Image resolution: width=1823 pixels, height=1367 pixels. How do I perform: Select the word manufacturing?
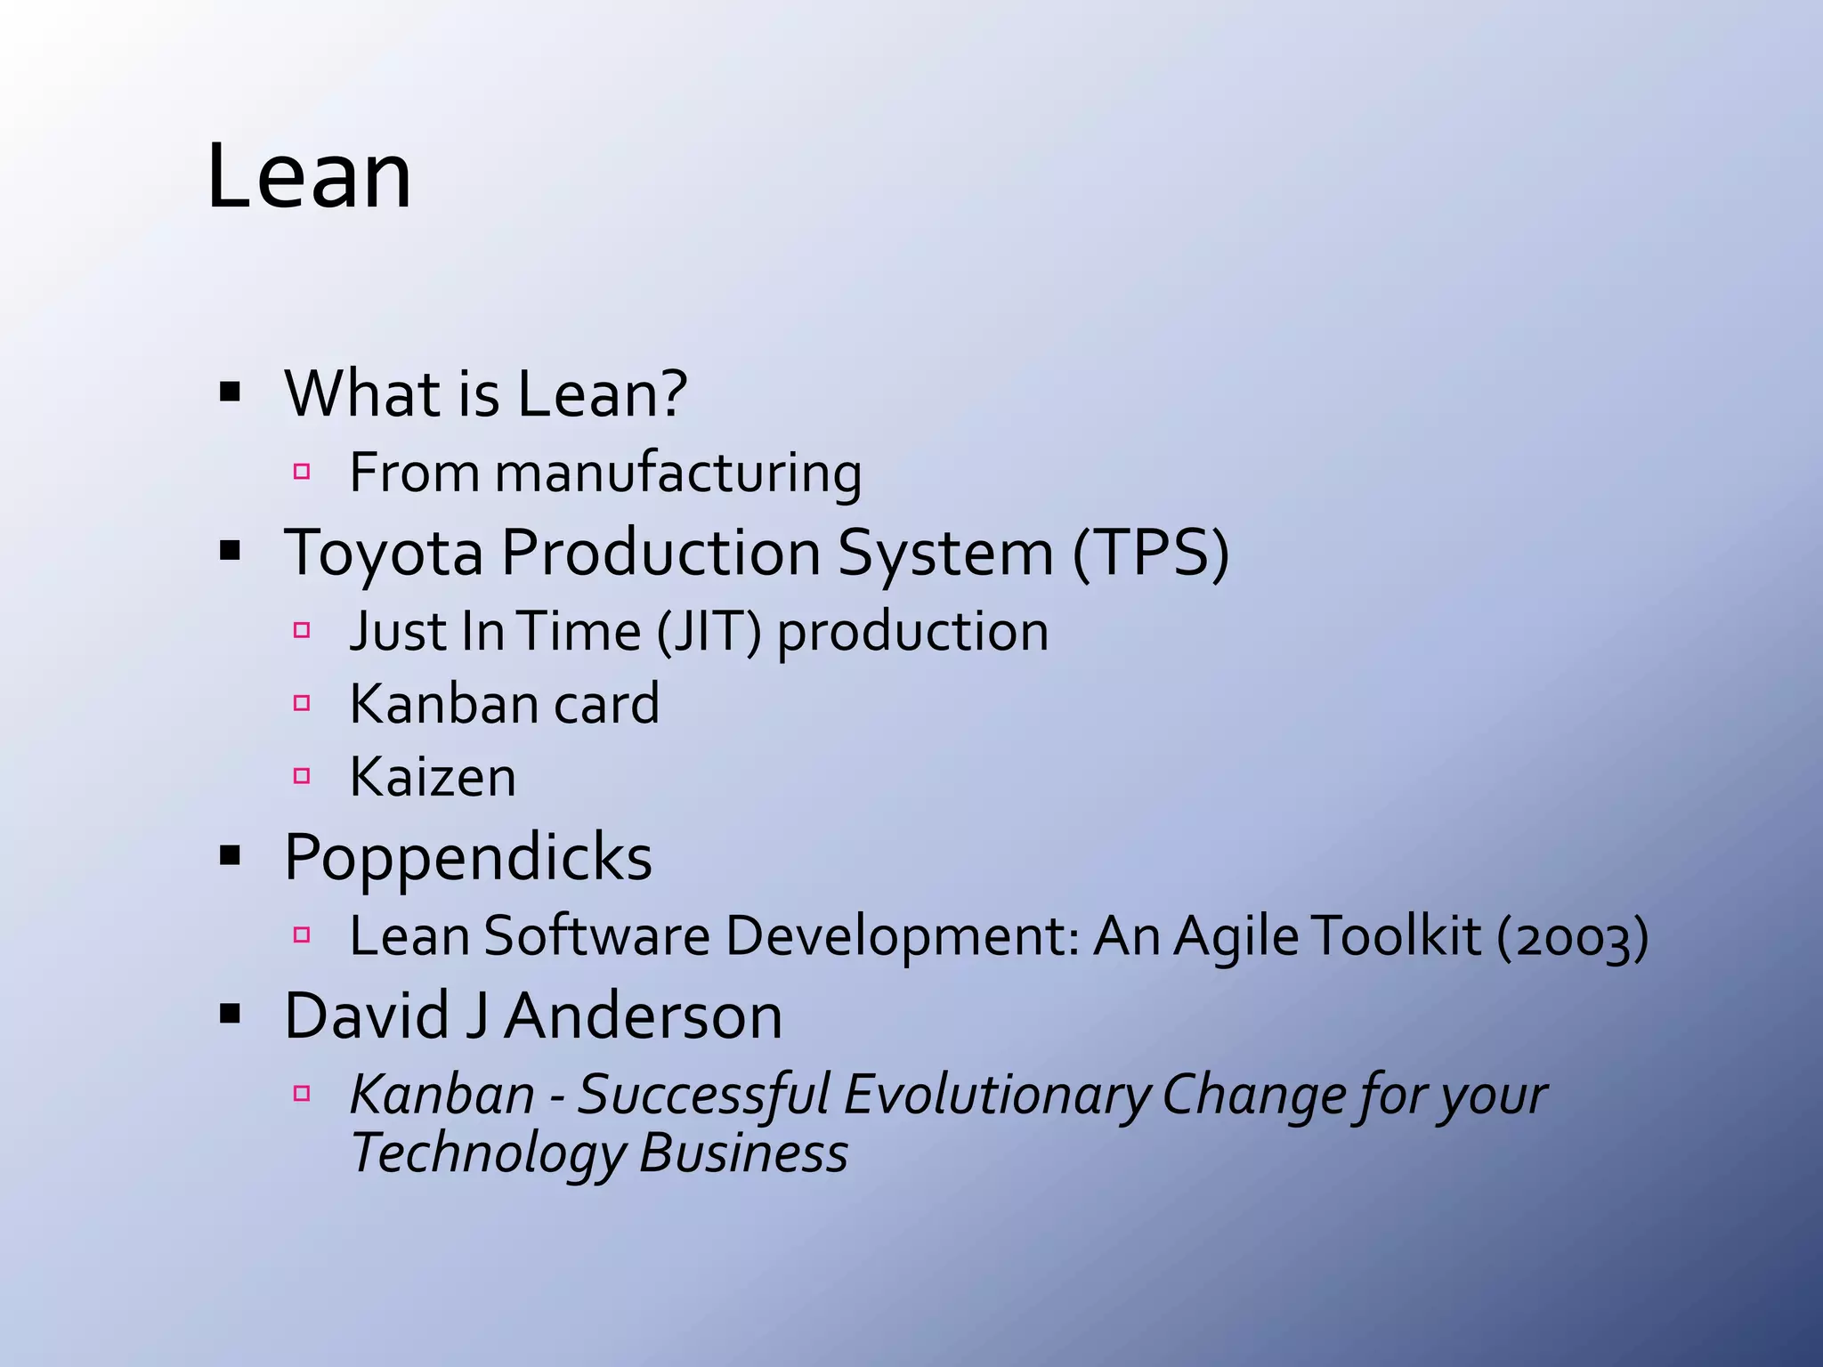point(678,473)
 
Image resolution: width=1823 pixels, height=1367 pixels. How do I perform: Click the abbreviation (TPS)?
point(1150,554)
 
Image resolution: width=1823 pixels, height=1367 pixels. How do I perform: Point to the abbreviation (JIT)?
point(709,633)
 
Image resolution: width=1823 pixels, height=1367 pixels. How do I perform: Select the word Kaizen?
point(433,778)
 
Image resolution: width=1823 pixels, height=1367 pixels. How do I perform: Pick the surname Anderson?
point(644,1016)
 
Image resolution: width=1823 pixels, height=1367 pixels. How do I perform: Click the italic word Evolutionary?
point(997,1095)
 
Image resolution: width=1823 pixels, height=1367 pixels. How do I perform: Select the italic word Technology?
point(489,1154)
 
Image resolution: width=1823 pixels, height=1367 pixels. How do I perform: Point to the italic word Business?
point(743,1153)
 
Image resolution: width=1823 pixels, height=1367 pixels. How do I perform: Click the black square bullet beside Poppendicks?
point(231,857)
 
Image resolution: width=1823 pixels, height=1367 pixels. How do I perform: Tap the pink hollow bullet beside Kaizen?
point(302,776)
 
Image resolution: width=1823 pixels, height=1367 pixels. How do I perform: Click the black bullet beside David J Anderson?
point(231,1014)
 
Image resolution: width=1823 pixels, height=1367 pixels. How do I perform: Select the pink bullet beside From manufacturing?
point(302,472)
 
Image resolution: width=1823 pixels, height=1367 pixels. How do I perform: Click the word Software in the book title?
point(596,936)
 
